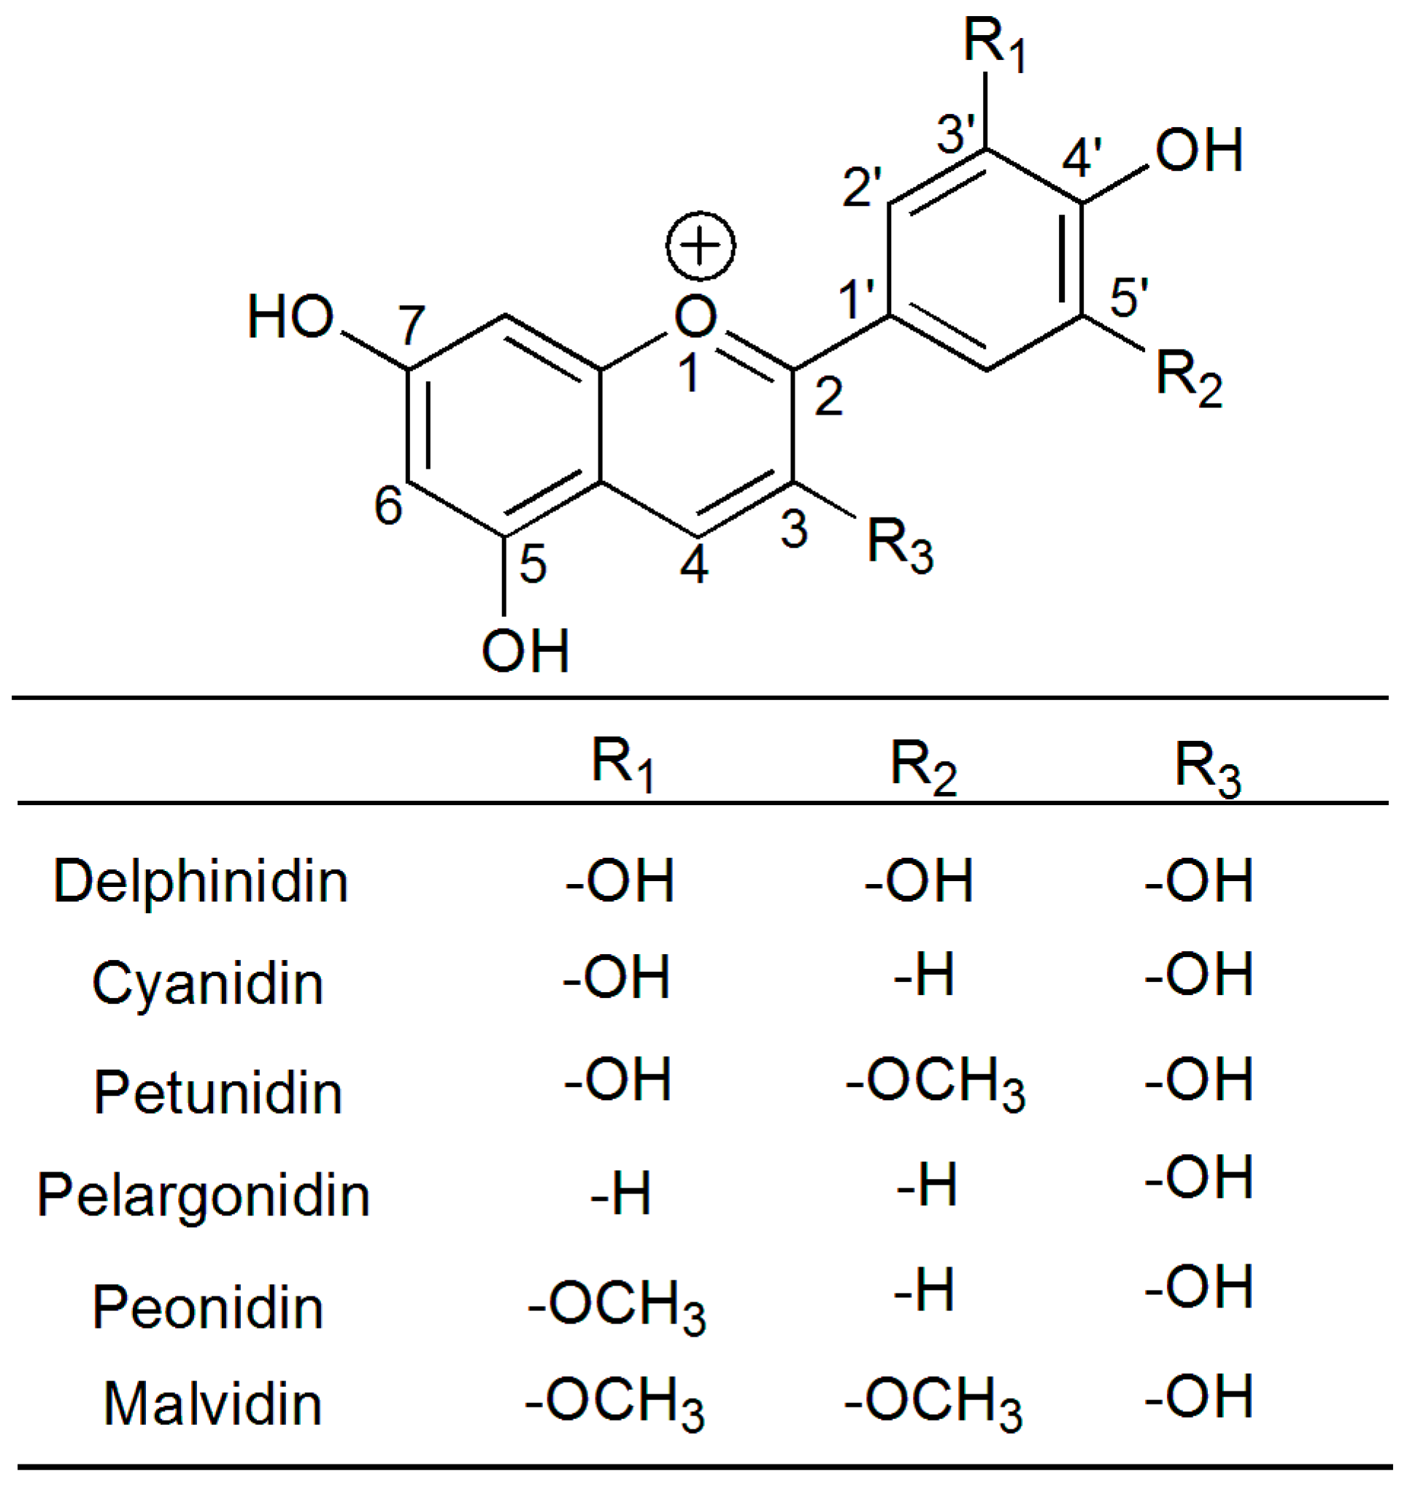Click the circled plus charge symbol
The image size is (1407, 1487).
[x=701, y=246]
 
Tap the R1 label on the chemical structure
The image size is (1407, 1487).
[x=995, y=45]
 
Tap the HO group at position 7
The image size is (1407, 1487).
[x=290, y=318]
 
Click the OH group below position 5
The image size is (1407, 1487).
[x=525, y=650]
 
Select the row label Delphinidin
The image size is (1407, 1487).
[x=200, y=883]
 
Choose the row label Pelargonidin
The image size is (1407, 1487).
[x=204, y=1196]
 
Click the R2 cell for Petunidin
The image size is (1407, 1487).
[x=936, y=1085]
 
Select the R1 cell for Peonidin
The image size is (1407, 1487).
[x=617, y=1307]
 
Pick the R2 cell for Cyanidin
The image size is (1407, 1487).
[x=924, y=976]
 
